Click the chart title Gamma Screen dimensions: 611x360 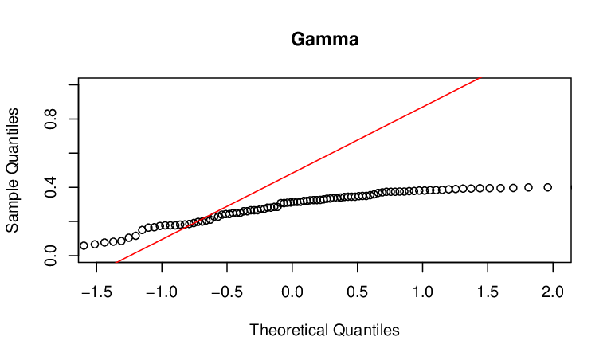[324, 39]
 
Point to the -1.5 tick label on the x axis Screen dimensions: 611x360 [96, 292]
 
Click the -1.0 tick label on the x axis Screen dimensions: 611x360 [162, 292]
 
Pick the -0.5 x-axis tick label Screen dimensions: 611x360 [227, 292]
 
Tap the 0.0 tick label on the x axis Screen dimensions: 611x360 [292, 292]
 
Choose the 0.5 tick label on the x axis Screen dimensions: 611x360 [358, 292]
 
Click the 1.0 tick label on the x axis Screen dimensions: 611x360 [423, 292]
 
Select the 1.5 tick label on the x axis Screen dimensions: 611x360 [488, 292]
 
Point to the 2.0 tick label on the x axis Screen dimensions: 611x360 [553, 292]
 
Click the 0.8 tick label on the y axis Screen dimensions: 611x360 [51, 119]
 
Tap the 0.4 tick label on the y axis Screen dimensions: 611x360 [51, 187]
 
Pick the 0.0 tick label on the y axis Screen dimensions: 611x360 [51, 256]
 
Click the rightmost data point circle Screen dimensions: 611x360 [548, 187]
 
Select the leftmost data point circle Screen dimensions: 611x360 [84, 245]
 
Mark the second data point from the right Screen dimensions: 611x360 [528, 187]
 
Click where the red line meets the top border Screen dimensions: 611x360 [481, 78]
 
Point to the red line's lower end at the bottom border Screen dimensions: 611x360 [117, 262]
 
